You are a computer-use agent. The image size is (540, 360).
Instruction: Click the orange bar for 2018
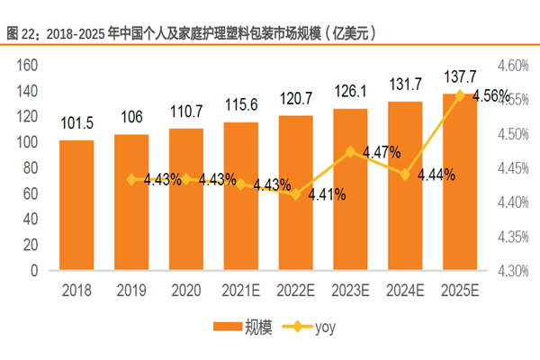(x=76, y=205)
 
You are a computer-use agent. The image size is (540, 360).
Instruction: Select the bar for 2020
(x=186, y=199)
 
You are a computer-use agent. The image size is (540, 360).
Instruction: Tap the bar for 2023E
(x=350, y=189)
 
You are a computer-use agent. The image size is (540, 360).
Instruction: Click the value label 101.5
(x=76, y=125)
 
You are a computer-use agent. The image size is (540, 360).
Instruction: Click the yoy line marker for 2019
(x=131, y=179)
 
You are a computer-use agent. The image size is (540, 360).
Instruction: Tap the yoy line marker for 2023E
(x=350, y=152)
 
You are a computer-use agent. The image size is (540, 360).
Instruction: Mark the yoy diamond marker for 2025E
(x=460, y=94)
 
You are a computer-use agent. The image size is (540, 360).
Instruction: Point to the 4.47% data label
(x=382, y=153)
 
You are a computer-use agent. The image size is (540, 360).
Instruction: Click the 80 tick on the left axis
(x=31, y=167)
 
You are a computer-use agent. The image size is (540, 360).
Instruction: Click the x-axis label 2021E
(x=241, y=290)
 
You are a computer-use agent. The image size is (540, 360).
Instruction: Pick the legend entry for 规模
(x=235, y=327)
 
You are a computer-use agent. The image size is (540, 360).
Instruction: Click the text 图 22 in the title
(x=22, y=33)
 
